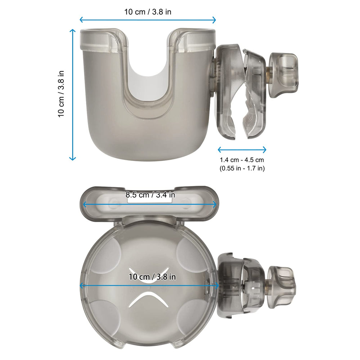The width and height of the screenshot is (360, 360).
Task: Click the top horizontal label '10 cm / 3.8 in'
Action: click(x=148, y=12)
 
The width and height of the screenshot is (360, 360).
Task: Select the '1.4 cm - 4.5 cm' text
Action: click(x=242, y=160)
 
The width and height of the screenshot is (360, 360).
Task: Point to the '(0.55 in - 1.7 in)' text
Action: click(x=242, y=168)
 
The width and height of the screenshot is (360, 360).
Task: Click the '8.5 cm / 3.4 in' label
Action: click(x=150, y=195)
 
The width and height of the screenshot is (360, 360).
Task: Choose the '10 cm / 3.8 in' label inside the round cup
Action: click(x=152, y=277)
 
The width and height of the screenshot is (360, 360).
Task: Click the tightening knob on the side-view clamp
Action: click(x=284, y=72)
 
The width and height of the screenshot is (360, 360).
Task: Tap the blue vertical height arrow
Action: click(x=73, y=94)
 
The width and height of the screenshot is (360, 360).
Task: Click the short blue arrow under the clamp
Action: click(x=242, y=149)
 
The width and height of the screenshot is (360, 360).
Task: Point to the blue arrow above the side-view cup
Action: click(x=148, y=20)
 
